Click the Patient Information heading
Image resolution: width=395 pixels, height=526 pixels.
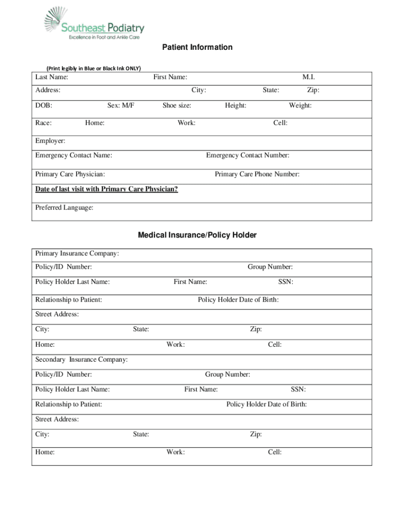point(197,47)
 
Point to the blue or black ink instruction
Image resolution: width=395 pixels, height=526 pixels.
point(93,68)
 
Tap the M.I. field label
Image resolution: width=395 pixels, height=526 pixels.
point(308,77)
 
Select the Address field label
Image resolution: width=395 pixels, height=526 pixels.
point(48,90)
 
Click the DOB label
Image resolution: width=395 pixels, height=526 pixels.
point(44,105)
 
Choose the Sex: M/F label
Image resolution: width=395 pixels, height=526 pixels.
point(121,105)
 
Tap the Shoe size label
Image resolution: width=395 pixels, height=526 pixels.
point(177,105)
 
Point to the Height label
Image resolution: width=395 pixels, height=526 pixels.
point(235,105)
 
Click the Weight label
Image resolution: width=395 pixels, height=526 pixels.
point(300,105)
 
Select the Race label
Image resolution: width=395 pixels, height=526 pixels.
point(43,123)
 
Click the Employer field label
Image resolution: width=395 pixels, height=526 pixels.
point(50,141)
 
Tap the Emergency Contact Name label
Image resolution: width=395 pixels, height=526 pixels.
point(74,155)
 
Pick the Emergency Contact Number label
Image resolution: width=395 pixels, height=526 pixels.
point(247,155)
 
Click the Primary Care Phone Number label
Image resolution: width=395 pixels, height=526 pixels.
point(257,174)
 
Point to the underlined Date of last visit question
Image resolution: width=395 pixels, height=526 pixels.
point(107,189)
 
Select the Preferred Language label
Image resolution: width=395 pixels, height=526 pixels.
point(64,208)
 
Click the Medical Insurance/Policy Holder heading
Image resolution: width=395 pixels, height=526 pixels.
point(197,235)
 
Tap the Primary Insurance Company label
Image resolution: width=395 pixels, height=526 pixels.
point(77,253)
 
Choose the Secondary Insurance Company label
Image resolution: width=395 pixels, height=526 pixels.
point(82,359)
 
